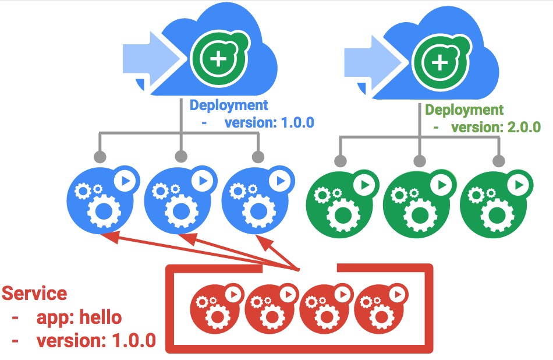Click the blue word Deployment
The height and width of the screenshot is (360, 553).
(x=229, y=105)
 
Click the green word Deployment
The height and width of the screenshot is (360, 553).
(x=464, y=110)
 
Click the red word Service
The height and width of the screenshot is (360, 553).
(x=34, y=293)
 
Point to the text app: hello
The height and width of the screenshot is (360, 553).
(x=79, y=317)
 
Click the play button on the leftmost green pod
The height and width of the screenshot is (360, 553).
(x=365, y=185)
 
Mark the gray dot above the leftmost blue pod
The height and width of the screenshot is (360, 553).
(x=100, y=157)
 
